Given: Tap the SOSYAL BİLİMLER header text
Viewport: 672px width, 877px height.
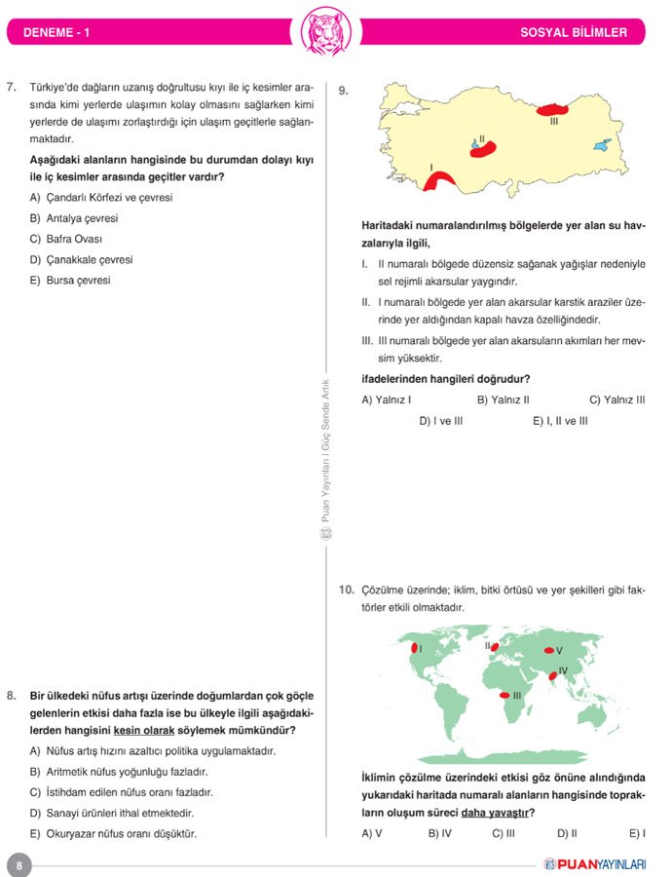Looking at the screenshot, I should tap(574, 33).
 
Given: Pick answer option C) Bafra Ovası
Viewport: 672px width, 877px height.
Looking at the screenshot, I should tap(66, 239).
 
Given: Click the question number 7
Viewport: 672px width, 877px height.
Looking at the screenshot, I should tap(11, 87).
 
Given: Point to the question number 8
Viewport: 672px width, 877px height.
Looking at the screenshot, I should tap(11, 695).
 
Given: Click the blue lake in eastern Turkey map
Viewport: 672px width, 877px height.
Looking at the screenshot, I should tap(604, 145).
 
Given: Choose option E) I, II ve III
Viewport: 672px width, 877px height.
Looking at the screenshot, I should tap(560, 421).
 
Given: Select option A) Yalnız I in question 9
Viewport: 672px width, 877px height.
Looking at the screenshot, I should tap(386, 400).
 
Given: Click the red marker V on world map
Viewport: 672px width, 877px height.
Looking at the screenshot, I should tap(549, 650).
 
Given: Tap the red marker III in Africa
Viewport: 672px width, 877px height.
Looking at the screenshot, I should tap(504, 695).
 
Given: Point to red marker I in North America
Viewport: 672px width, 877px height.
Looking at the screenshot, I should tap(415, 648).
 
